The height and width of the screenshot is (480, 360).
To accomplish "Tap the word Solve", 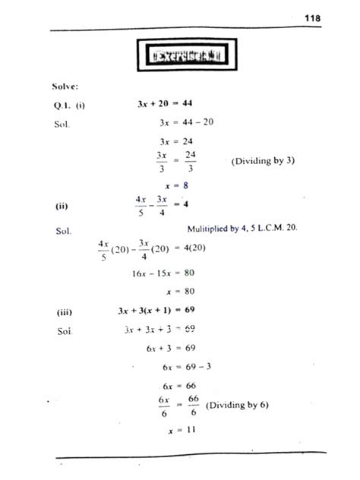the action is [x=65, y=87].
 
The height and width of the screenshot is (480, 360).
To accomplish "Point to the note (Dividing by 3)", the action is [x=261, y=161].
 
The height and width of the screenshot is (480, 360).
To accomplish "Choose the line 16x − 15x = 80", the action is [x=169, y=272].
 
